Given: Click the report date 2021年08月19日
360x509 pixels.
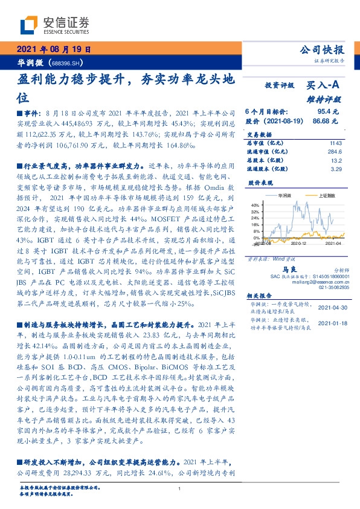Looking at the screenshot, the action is tap(54, 50).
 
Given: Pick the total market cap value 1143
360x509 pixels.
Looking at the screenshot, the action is tap(335, 143).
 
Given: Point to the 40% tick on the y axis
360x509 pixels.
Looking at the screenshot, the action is tap(254, 205).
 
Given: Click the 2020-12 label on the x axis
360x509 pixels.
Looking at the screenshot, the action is tap(298, 244).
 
